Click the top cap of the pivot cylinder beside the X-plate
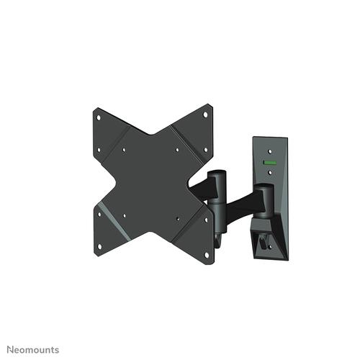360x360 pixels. [217, 174]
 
